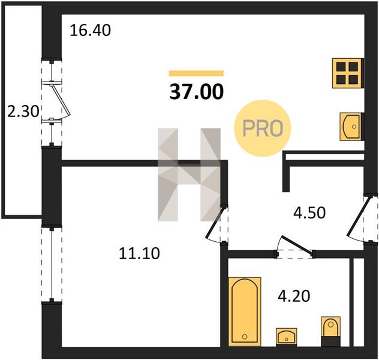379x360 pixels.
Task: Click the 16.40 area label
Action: coord(90,31)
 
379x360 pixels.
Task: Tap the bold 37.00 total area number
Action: coord(197,92)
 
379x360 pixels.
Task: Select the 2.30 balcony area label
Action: coord(23,112)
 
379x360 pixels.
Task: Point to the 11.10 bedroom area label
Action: coord(139,254)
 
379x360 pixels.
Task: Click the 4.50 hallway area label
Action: coord(309,213)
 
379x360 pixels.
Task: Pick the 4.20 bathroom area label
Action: coord(294,296)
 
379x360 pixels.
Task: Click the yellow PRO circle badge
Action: coord(263,128)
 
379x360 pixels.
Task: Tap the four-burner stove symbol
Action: coord(348,73)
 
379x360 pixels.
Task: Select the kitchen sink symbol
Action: coord(351,127)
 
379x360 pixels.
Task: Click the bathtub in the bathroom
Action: coord(245,312)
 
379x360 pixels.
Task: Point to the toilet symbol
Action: coord(330,331)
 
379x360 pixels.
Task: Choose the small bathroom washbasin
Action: coord(287,337)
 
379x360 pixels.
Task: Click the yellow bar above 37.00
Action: coord(196,73)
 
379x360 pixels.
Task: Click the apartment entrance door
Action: coord(359,217)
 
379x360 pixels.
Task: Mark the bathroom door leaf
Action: coord(297,245)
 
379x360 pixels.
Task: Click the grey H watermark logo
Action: coord(189,175)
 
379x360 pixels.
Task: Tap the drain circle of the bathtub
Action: coord(245,337)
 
